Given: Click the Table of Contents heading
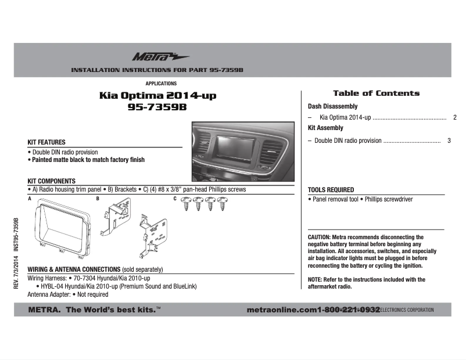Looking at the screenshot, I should click(376, 93).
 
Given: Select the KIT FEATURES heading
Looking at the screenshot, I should click(46, 142).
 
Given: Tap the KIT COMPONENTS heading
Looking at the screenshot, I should click(52, 181).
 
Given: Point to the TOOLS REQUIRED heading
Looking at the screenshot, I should click(331, 190).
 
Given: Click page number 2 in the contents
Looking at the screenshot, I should click(454, 118).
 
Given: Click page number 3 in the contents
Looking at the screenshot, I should click(449, 141).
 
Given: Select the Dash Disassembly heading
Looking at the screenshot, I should click(332, 107).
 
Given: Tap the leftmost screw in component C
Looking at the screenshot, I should click(187, 203).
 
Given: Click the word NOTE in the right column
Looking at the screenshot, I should click(315, 280).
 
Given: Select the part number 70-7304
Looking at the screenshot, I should click(84, 279).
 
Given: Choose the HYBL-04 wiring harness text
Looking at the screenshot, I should click(52, 287).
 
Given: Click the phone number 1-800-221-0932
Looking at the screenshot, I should click(349, 310).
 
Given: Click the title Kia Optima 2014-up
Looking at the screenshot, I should click(157, 96).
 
